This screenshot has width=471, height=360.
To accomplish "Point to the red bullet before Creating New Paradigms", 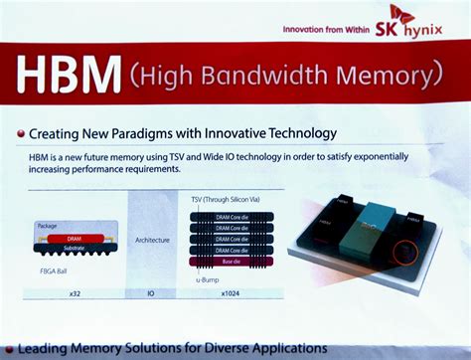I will tap(21, 133).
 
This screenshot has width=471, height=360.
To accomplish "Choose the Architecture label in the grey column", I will tap(152, 240).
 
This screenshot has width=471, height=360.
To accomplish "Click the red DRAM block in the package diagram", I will tap(74, 239).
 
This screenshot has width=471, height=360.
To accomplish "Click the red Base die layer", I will tap(230, 262).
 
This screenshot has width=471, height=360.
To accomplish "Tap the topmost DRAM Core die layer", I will tap(230, 215).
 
